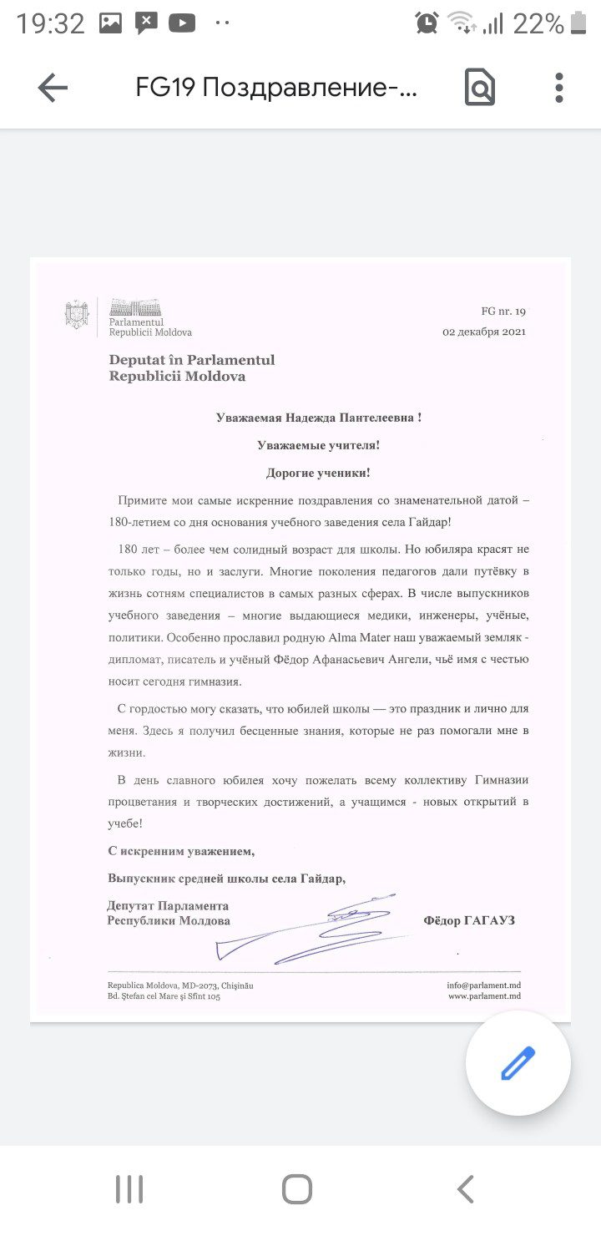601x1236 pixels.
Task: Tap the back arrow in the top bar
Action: pyautogui.click(x=53, y=88)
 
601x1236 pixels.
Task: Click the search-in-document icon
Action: pyautogui.click(x=479, y=88)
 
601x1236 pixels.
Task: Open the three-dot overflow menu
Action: pyautogui.click(x=558, y=88)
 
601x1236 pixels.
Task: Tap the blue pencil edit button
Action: pyautogui.click(x=518, y=1063)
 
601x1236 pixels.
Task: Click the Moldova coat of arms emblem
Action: pyautogui.click(x=77, y=315)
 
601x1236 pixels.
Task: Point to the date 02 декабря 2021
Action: pyautogui.click(x=484, y=332)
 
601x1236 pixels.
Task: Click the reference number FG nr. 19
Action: pyautogui.click(x=503, y=312)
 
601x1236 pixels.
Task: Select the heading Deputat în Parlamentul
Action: pyautogui.click(x=191, y=360)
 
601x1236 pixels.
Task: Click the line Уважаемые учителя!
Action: pyautogui.click(x=318, y=446)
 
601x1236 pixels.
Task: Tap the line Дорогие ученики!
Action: pyautogui.click(x=318, y=473)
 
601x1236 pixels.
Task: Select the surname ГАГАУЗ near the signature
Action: pyautogui.click(x=492, y=920)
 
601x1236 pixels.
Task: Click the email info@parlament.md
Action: pyautogui.click(x=483, y=985)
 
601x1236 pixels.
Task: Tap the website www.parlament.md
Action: pyautogui.click(x=484, y=996)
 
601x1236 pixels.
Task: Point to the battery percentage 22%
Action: pyautogui.click(x=538, y=24)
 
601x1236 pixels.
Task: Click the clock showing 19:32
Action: pyautogui.click(x=50, y=24)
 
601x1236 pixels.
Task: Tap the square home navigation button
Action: pyautogui.click(x=297, y=1189)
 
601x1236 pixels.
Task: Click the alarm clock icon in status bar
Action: pyautogui.click(x=427, y=23)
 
